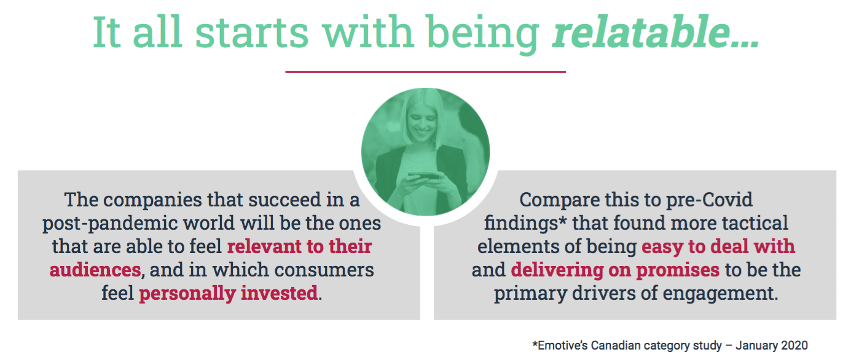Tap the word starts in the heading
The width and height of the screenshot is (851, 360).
pyautogui.click(x=251, y=33)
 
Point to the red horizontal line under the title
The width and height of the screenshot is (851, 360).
pyautogui.click(x=425, y=71)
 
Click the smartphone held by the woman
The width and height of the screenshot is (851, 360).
pyautogui.click(x=423, y=176)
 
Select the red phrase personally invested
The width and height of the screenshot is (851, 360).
pyautogui.click(x=229, y=294)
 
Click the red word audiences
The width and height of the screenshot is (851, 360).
pyautogui.click(x=95, y=270)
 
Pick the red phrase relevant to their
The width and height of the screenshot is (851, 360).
pyautogui.click(x=299, y=246)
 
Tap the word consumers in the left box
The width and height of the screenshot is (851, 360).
pyautogui.click(x=324, y=270)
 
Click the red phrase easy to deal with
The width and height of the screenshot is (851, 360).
pyautogui.click(x=718, y=246)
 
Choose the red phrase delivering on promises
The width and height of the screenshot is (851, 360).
pyautogui.click(x=614, y=270)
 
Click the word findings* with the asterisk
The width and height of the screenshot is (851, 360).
pyautogui.click(x=525, y=224)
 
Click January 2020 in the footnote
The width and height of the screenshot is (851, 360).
pyautogui.click(x=772, y=346)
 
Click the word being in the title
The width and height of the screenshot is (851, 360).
pyautogui.click(x=482, y=33)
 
